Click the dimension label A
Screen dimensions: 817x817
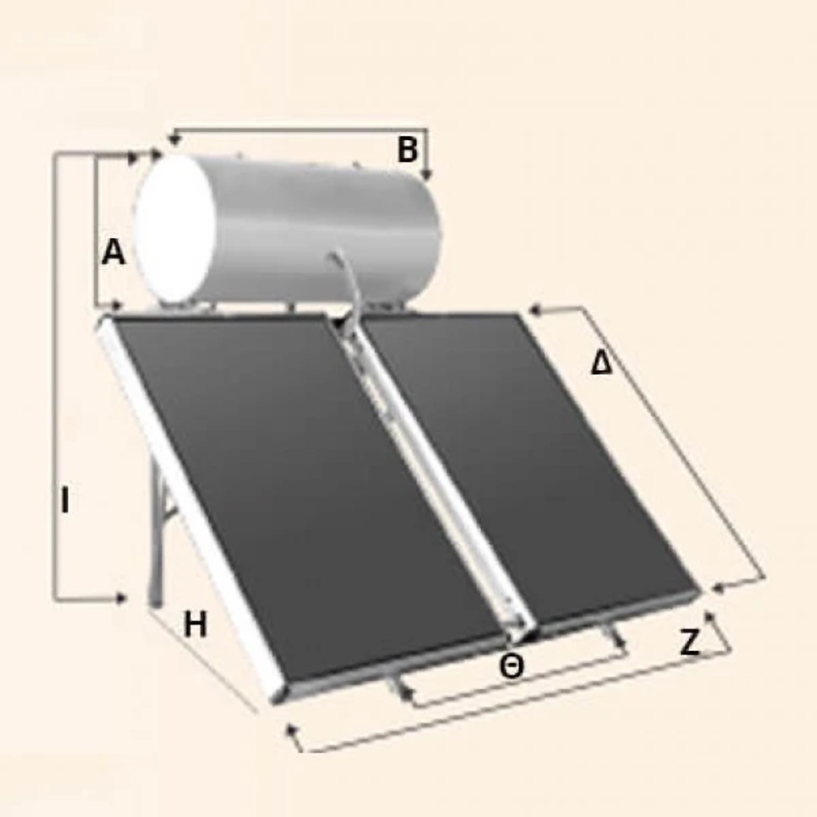coord(114,252)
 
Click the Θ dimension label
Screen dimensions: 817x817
coord(511,667)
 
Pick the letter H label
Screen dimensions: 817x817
coord(195,625)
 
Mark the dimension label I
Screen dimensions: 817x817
coord(65,500)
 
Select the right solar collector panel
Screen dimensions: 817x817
coord(526,464)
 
